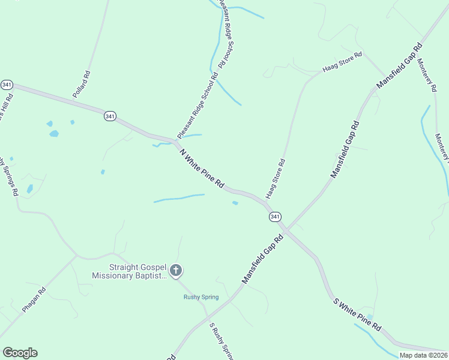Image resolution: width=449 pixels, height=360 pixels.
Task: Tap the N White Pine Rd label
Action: [202, 170]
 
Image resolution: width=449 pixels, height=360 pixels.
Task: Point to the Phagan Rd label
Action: [34, 300]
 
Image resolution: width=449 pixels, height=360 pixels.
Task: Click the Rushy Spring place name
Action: [200, 297]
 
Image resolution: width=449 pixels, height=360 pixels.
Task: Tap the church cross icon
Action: [175, 271]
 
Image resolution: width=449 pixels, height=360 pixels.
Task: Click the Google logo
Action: [20, 353]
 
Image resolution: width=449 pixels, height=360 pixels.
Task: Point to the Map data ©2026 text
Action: [423, 355]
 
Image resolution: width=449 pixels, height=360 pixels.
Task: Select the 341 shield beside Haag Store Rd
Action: [274, 216]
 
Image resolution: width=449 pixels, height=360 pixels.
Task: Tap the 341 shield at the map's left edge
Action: [7, 85]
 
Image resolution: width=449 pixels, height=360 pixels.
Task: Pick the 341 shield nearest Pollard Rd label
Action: [109, 116]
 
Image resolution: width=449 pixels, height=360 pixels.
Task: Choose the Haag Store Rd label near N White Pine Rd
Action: [274, 179]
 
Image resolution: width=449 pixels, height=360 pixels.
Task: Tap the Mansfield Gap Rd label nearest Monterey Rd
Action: [399, 66]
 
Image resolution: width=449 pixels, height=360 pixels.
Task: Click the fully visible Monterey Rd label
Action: [427, 75]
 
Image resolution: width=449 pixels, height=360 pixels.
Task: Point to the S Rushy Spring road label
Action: [220, 342]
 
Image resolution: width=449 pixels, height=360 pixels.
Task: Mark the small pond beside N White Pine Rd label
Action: [235, 203]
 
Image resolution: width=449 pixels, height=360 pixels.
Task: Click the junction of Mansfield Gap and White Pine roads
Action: [286, 229]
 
